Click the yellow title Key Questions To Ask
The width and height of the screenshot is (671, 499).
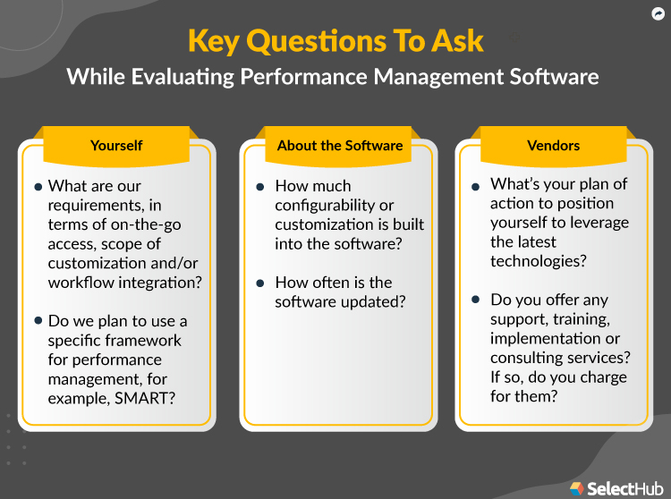[x=335, y=41]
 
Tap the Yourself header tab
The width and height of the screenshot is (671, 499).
[x=116, y=145]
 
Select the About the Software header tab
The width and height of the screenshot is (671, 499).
[x=340, y=145]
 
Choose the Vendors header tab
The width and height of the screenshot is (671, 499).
[x=554, y=145]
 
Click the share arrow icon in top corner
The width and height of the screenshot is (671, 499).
[x=657, y=13]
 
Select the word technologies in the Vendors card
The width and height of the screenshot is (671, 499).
[x=538, y=261]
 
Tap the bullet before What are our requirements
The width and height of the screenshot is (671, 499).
[x=38, y=187]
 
